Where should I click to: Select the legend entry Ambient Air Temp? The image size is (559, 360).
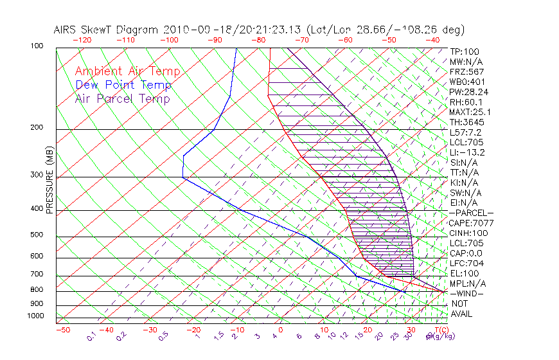coord(127,71)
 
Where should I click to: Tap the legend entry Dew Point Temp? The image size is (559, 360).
coord(123,85)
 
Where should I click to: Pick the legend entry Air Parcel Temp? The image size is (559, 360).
coord(122,98)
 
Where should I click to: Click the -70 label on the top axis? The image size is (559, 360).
coord(300,39)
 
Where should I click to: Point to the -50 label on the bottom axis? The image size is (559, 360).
coord(63,330)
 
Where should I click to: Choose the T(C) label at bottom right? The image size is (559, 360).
coord(441,330)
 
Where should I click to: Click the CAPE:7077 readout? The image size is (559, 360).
coord(470,223)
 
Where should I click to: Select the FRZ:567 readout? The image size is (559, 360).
coord(467,71)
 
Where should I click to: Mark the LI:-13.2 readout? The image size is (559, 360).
coord(467,152)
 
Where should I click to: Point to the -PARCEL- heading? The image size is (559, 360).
coord(471,213)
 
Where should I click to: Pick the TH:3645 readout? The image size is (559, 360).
coord(467,122)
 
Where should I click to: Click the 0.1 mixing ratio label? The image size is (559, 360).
coord(92,335)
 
